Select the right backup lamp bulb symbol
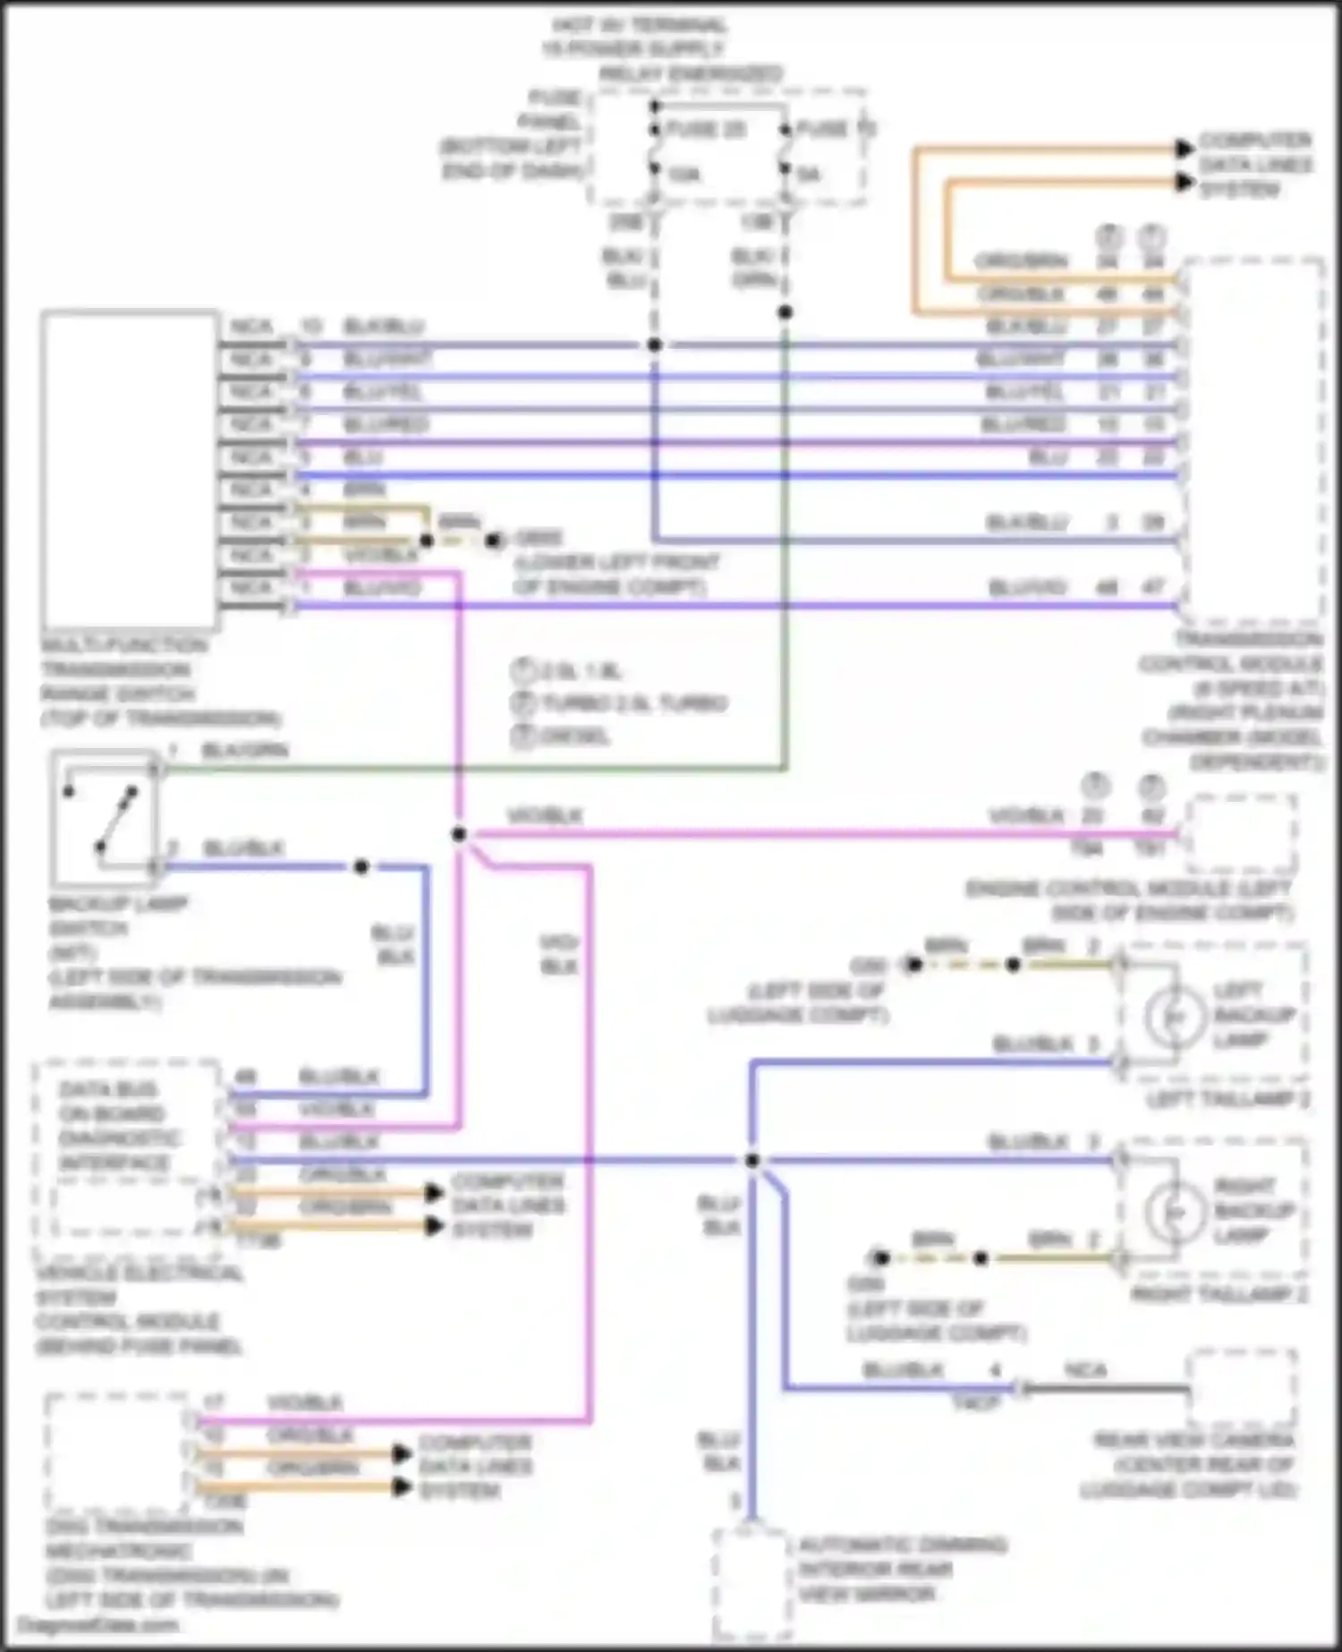coord(1175,1212)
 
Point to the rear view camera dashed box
coord(1242,1389)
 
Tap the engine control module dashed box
coord(1241,835)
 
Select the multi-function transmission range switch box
coord(130,470)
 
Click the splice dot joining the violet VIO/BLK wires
coord(459,834)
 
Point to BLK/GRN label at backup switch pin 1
coord(244,750)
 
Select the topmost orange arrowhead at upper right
coord(1185,149)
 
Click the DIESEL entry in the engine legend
coord(573,737)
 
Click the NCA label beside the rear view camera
coord(1085,1370)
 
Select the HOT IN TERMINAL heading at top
coord(637,25)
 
